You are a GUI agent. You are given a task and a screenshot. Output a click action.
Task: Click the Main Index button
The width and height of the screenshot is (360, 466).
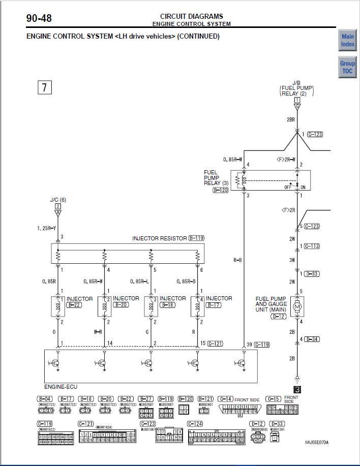[348, 40]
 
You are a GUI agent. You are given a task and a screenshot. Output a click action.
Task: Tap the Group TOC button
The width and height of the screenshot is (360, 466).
[348, 67]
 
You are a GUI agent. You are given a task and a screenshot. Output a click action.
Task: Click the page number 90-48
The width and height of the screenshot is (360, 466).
[39, 19]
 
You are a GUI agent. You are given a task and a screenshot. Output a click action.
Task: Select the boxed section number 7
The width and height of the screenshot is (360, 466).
[44, 87]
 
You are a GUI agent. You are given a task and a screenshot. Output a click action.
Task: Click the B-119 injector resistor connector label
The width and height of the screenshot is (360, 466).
[196, 238]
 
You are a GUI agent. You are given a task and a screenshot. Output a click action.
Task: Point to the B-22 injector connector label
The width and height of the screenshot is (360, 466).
[74, 305]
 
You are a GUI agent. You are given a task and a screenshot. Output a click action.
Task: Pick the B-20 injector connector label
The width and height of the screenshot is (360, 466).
[121, 305]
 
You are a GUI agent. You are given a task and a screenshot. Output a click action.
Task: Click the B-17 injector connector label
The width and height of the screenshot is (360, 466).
[214, 305]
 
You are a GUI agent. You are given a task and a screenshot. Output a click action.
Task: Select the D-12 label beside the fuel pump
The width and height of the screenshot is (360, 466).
[279, 317]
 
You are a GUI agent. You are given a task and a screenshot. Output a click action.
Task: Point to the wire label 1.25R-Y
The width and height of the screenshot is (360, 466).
[46, 229]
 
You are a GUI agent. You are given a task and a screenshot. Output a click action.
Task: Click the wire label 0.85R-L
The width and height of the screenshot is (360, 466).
[139, 282]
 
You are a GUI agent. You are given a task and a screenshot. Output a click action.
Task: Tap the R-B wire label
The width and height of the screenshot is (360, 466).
[237, 260]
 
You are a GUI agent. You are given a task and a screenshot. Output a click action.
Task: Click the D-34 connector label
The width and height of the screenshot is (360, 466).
[312, 339]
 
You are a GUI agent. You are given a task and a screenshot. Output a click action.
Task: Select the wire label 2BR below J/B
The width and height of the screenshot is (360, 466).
[290, 119]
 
